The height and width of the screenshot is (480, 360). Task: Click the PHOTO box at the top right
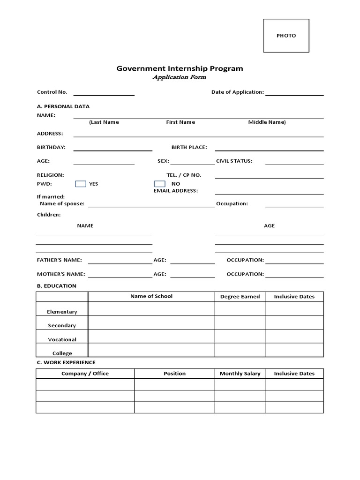[x=286, y=36]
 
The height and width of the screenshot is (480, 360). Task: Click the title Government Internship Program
[x=180, y=68]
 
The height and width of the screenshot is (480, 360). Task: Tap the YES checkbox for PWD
[x=81, y=184]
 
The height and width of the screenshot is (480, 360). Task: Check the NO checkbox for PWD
[x=160, y=184]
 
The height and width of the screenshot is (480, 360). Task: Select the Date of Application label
[x=237, y=92]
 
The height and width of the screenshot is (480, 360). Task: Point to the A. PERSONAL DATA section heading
[x=63, y=106]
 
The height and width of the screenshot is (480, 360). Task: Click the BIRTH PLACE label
[x=189, y=147]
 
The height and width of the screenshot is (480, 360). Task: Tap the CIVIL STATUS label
[x=234, y=161]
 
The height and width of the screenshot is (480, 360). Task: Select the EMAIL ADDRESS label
[x=175, y=191]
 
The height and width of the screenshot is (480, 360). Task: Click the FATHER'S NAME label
[x=59, y=260]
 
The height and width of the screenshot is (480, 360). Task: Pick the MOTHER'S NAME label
[x=61, y=274]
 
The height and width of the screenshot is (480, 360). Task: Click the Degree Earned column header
[x=240, y=297]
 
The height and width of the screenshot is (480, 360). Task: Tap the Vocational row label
[x=62, y=339]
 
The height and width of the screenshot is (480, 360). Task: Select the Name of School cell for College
[x=151, y=350]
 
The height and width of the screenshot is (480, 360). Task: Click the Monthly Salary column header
[x=240, y=374]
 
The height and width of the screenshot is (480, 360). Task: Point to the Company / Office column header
[x=85, y=374]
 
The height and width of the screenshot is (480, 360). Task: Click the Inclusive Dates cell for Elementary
[x=294, y=309]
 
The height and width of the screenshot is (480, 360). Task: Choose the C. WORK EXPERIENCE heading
[x=66, y=362]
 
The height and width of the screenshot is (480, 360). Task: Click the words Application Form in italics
[x=179, y=77]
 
